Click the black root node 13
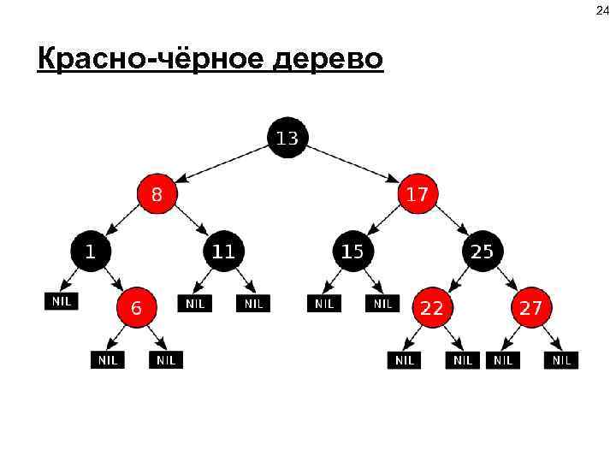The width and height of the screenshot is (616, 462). [x=287, y=137]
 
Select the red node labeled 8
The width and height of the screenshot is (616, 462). [x=157, y=194]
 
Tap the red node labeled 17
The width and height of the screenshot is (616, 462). [x=417, y=194]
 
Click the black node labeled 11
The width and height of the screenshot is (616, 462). [x=223, y=252]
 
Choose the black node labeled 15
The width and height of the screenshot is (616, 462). [x=352, y=252]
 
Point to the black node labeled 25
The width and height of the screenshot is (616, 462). [x=482, y=252]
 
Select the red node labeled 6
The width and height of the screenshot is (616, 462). [x=137, y=308]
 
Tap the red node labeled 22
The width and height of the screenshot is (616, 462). [x=431, y=308]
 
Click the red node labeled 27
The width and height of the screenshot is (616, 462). [x=531, y=308]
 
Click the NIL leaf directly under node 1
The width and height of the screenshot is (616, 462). [x=61, y=301]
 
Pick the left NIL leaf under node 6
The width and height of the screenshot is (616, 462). [x=107, y=360]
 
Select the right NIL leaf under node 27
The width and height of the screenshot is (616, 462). [x=560, y=360]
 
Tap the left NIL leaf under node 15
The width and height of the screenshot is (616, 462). [x=324, y=303]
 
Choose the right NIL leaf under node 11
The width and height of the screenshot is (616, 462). [x=253, y=303]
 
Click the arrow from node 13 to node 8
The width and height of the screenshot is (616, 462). [x=227, y=163]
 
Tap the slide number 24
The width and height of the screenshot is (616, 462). [x=600, y=12]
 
